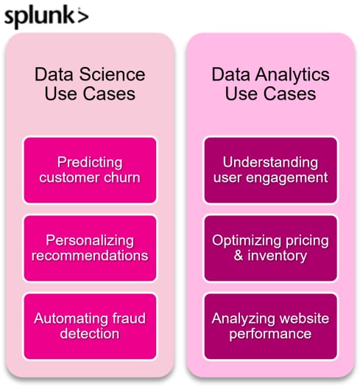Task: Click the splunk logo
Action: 46,17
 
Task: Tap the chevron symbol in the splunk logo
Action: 83,16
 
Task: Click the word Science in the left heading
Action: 112,74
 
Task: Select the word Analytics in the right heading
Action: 292,75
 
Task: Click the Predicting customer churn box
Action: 90,170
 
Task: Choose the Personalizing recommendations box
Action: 90,248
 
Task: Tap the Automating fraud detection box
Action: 90,327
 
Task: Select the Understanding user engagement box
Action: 270,170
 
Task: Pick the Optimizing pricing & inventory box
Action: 270,248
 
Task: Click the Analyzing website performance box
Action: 270,327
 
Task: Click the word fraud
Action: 129,318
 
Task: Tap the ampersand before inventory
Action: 239,255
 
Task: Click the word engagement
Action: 287,178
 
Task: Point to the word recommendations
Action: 90,256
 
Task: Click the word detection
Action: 90,333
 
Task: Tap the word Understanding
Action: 270,163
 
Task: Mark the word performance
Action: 270,334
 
